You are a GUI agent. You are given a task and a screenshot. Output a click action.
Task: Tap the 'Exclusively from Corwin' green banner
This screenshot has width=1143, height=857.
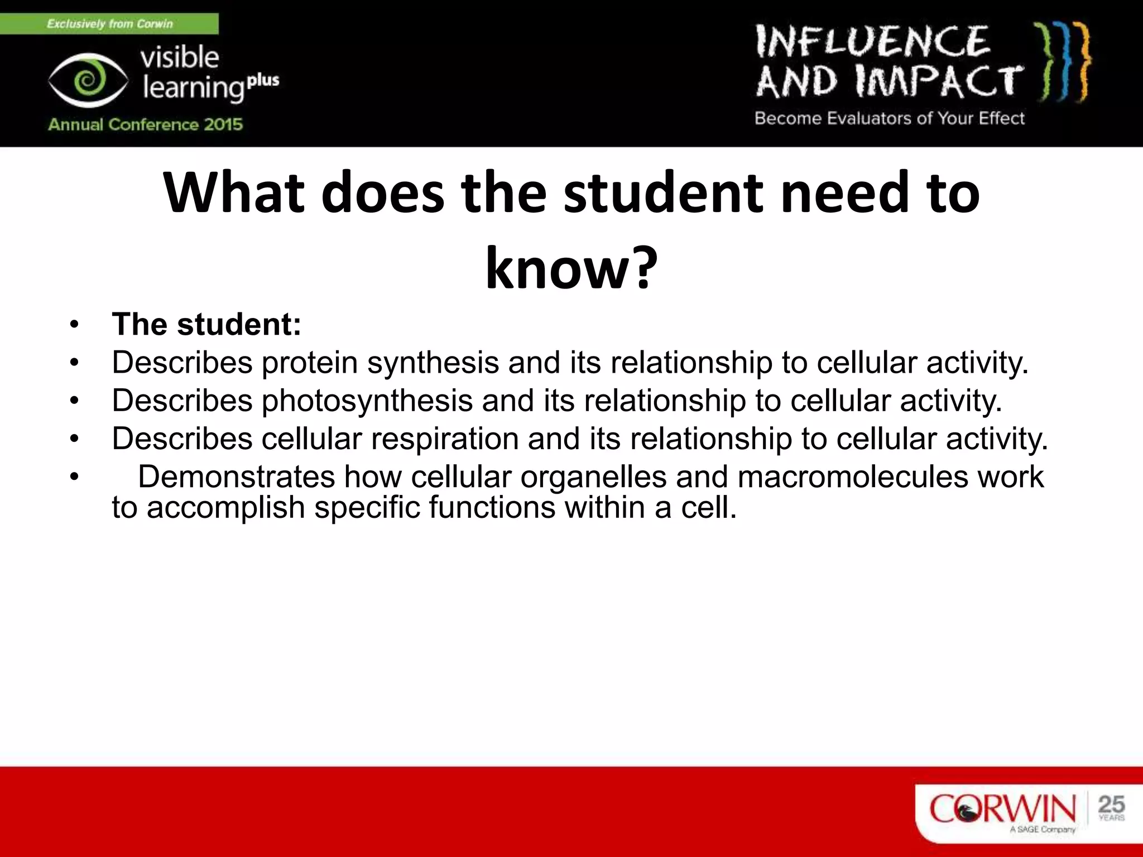[109, 24]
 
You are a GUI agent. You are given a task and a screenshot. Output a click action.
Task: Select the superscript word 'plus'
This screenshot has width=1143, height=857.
[263, 80]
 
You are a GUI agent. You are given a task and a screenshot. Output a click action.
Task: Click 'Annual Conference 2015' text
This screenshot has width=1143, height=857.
[146, 124]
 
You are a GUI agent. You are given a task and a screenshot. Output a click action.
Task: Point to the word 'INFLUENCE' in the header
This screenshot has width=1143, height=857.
[873, 41]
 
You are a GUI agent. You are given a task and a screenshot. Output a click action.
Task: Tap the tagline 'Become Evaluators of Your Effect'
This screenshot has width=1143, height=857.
[890, 118]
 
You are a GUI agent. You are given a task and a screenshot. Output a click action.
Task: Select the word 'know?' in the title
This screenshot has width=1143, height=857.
[571, 269]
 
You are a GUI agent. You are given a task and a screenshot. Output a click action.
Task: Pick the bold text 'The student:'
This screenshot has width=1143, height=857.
[206, 324]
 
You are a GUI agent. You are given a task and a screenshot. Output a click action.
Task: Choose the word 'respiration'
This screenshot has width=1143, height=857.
[445, 439]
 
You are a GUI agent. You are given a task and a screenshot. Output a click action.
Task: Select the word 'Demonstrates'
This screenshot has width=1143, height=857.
[237, 477]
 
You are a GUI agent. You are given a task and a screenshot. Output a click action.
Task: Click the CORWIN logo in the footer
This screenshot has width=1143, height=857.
[1002, 810]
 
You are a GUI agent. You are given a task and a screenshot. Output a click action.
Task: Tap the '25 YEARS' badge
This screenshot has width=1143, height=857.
[1111, 807]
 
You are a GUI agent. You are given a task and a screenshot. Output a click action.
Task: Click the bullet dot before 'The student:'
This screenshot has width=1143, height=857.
[75, 325]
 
